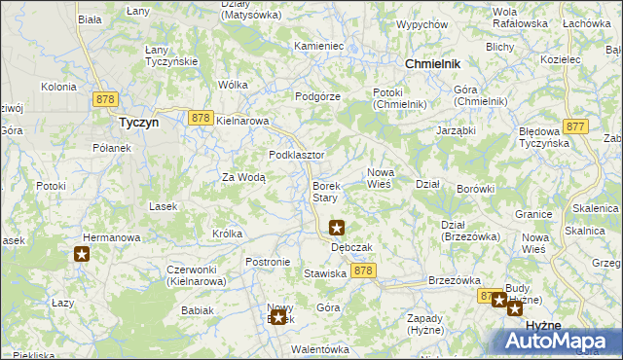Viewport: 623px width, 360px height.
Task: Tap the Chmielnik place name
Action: point(431,63)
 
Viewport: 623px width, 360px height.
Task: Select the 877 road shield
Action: point(575,126)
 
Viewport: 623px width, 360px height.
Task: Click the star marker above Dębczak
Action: point(337,229)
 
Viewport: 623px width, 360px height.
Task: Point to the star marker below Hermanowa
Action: point(82,255)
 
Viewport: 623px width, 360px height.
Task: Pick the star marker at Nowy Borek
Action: point(279,315)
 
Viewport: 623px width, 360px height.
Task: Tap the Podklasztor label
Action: point(296,156)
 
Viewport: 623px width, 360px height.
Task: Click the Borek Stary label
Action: point(325,192)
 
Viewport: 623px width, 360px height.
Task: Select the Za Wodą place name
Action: point(243,177)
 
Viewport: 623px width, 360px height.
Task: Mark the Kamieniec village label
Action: point(319,46)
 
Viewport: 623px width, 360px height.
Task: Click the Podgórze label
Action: point(317,96)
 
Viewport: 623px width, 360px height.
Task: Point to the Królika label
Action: point(227,234)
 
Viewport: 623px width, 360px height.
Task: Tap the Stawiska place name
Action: point(326,274)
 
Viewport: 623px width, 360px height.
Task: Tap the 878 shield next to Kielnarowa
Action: point(201,118)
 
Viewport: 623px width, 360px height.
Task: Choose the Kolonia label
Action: point(58,87)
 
